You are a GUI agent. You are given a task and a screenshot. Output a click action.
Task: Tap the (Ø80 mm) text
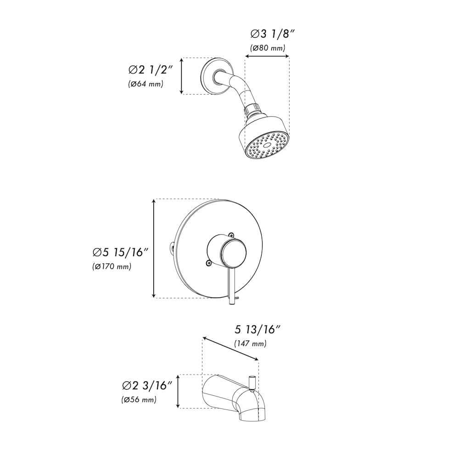click(268, 48)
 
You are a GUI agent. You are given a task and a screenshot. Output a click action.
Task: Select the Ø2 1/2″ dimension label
click(150, 70)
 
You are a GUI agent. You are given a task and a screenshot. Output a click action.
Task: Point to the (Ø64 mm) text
click(146, 84)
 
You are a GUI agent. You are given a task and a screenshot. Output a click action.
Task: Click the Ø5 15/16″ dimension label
click(120, 252)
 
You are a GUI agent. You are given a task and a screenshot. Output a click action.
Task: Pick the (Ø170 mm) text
click(112, 266)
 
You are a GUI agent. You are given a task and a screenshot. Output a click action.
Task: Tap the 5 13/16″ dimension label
click(257, 329)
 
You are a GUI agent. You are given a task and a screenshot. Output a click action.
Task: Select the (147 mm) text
click(250, 343)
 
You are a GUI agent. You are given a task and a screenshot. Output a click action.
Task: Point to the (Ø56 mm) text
click(139, 400)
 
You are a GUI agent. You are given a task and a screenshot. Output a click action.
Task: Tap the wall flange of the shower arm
click(210, 77)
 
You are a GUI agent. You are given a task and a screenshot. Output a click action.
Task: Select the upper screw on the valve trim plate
click(232, 235)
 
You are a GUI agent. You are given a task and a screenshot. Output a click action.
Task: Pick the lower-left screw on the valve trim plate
click(208, 263)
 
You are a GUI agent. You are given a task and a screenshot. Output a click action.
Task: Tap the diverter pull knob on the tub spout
click(252, 381)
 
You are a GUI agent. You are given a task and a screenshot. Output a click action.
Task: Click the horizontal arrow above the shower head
click(267, 57)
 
